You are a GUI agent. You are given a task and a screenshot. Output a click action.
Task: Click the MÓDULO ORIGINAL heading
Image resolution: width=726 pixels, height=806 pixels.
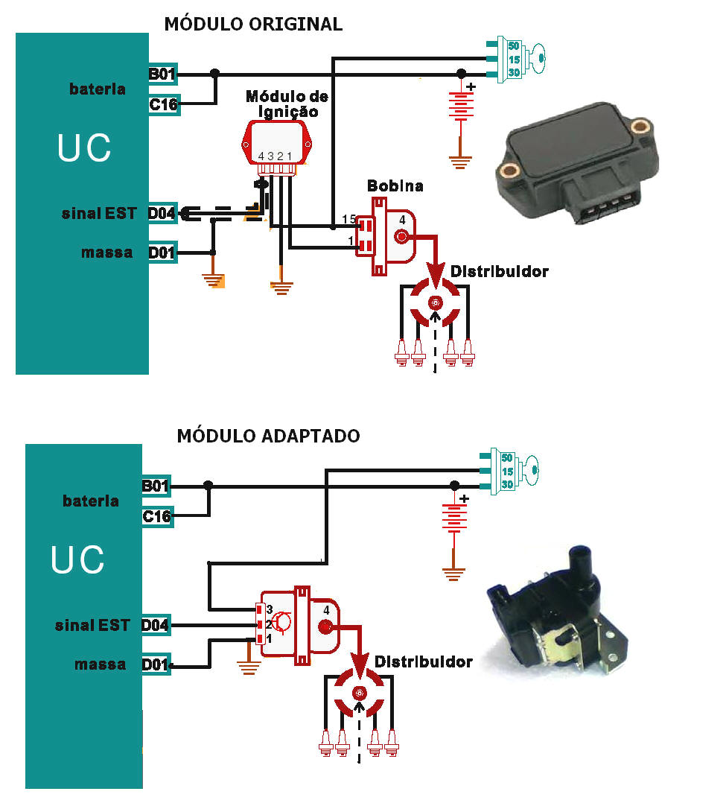pos(253,24)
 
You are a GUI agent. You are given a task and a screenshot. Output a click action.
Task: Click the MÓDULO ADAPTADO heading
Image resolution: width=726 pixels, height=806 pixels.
pos(268,436)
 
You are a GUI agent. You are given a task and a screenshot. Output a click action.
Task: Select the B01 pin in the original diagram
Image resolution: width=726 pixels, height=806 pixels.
pos(163,74)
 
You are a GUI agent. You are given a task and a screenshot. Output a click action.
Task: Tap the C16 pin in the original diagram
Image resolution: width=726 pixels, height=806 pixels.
pos(163,105)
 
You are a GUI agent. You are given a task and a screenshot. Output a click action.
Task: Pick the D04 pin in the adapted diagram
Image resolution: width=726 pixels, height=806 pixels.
pos(156,626)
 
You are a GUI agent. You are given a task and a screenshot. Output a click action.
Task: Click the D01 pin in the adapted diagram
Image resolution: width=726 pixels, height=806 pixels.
pos(156,664)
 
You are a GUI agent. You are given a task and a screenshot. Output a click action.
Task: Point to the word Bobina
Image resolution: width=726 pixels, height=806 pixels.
pos(395,185)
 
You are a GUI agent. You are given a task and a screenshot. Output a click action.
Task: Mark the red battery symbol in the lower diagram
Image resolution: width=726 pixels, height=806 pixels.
pos(453,516)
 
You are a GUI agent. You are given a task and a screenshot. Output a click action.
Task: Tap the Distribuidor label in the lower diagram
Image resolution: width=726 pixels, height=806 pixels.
pos(423,661)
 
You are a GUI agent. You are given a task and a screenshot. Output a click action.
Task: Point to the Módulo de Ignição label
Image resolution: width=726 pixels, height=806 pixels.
pos(287,104)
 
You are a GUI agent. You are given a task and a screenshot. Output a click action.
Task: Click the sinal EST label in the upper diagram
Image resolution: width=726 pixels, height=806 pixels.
pos(99,214)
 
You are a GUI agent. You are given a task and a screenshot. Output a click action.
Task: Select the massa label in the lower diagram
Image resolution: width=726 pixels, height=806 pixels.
pos(100,664)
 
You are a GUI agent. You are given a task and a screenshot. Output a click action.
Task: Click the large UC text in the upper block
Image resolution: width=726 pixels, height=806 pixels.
pos(84,148)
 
